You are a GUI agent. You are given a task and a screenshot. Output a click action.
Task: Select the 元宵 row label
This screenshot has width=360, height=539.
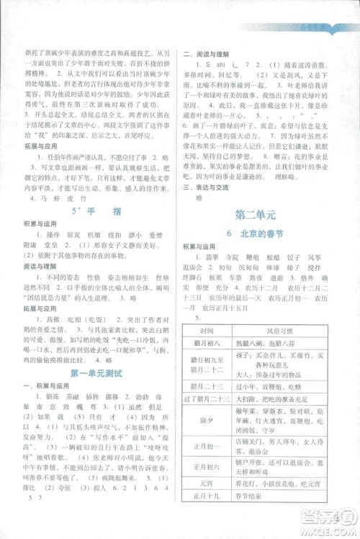(x=213, y=505)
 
